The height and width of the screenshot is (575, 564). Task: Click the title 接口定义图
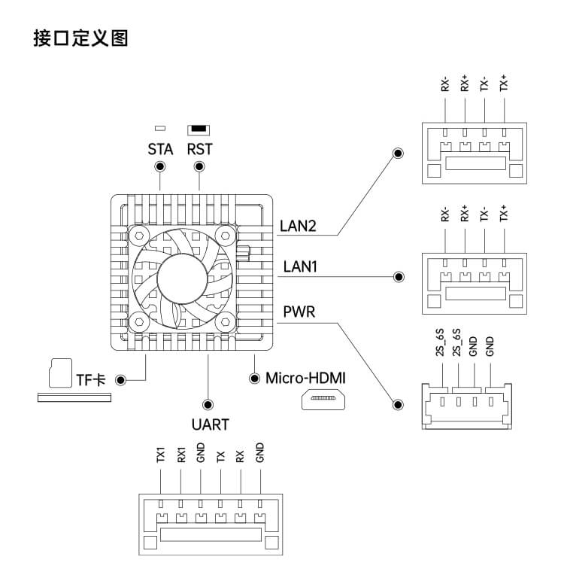(x=80, y=38)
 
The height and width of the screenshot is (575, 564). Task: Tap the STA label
(x=160, y=149)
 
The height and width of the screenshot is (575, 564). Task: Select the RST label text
(x=199, y=149)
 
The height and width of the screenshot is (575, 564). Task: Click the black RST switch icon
(x=199, y=129)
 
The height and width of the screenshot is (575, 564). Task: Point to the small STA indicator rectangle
(x=160, y=129)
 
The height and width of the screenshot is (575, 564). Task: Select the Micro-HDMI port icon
(x=323, y=400)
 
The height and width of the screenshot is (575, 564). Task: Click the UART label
(x=210, y=424)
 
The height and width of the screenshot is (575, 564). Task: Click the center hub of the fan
(x=180, y=278)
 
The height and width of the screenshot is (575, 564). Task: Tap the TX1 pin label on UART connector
(x=160, y=455)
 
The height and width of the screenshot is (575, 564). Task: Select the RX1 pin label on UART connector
(x=180, y=455)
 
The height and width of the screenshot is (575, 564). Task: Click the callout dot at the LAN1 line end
(x=399, y=277)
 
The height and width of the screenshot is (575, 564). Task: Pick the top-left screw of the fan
(x=137, y=235)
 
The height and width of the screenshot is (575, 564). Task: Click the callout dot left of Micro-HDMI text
(x=253, y=376)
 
